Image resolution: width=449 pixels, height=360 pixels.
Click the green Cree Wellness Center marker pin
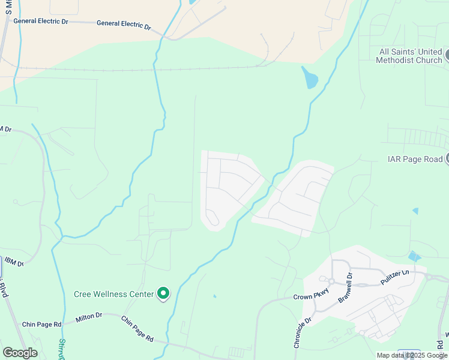(x=163, y=293)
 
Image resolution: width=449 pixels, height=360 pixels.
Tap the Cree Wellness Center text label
(x=113, y=294)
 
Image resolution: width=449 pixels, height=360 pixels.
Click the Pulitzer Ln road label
(x=394, y=277)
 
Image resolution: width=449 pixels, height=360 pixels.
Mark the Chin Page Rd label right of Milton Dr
(x=137, y=329)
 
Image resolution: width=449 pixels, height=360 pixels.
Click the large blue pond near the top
(x=310, y=77)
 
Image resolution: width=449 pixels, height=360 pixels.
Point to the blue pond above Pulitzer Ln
(x=414, y=256)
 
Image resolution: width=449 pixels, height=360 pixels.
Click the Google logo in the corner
(x=20, y=353)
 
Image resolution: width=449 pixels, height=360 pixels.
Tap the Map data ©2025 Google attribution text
(x=412, y=355)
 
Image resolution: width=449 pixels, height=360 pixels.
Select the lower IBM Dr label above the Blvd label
(x=13, y=263)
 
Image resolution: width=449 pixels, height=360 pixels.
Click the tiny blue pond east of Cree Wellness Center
(x=214, y=296)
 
